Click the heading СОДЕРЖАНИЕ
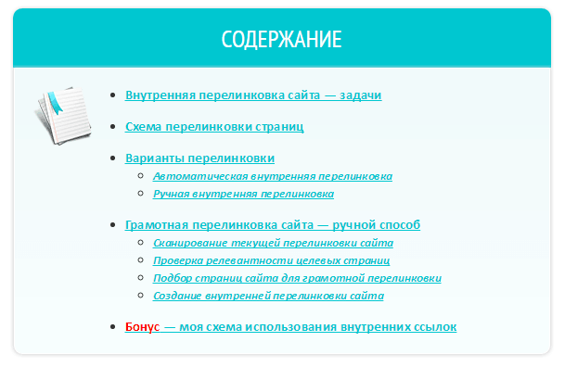click(x=282, y=40)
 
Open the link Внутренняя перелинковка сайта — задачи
click(x=253, y=95)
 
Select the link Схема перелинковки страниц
click(x=214, y=127)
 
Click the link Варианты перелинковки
click(x=199, y=158)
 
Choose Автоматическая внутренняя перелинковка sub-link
click(x=273, y=176)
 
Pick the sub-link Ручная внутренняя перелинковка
click(x=243, y=195)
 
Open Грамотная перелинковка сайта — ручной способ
click(x=273, y=225)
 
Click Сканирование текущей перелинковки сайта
click(x=273, y=243)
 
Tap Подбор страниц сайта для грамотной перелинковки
click(x=297, y=278)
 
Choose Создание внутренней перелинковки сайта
click(x=268, y=297)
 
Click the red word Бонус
click(x=142, y=327)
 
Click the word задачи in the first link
click(x=361, y=95)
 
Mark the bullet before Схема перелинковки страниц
click(x=113, y=127)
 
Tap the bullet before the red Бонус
click(x=113, y=327)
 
